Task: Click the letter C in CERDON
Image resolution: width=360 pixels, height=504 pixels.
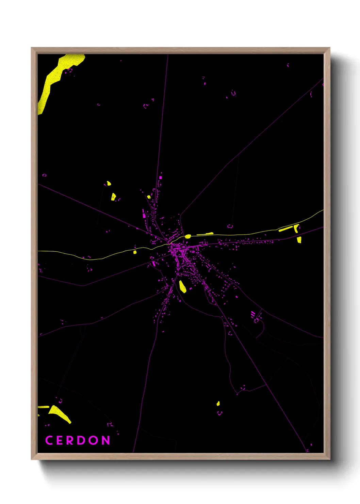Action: point(49,440)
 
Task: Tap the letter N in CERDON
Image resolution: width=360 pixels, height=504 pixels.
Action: point(105,440)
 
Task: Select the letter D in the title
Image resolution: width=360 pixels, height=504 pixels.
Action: point(82,440)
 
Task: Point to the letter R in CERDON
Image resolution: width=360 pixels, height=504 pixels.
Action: point(70,440)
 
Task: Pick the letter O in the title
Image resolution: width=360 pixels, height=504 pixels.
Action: point(94,440)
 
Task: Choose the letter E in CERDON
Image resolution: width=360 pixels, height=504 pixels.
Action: point(60,440)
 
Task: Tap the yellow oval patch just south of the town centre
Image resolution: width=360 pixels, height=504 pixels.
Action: point(183,286)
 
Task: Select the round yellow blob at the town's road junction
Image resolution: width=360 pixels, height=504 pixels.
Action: point(188,236)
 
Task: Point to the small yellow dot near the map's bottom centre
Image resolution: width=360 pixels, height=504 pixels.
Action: point(218,404)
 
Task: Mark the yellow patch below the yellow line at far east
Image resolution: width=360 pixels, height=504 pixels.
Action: point(299,240)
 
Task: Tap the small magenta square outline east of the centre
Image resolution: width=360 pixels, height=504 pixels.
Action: point(230,226)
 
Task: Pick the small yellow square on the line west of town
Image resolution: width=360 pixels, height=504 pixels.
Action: point(135,252)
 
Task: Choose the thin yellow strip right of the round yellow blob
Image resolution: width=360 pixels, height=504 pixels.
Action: point(205,234)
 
